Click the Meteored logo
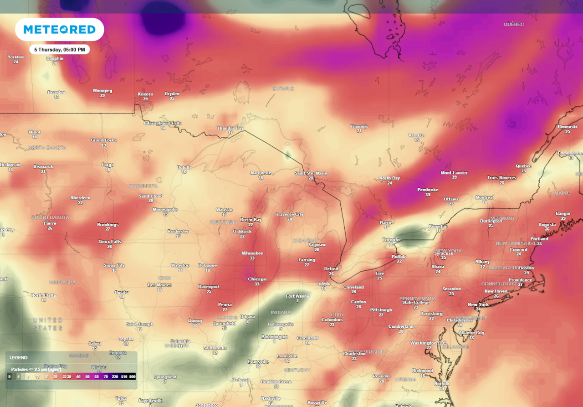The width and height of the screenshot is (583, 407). (x=59, y=30)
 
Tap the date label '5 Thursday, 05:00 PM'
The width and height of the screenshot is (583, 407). (x=60, y=49)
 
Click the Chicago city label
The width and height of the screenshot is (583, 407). (x=257, y=279)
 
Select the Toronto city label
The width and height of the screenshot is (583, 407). (x=391, y=240)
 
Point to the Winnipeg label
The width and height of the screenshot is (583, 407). (x=102, y=90)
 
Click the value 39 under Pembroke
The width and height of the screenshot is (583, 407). (x=428, y=195)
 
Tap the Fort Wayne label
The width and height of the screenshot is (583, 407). (x=297, y=296)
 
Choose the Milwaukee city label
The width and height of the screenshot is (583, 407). (x=252, y=253)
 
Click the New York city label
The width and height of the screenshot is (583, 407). (x=478, y=304)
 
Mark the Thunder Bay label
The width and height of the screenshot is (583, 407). (x=230, y=128)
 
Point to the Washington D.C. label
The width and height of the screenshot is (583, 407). (x=429, y=343)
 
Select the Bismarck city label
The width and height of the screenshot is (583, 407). (x=43, y=166)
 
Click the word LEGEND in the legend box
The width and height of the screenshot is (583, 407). (x=19, y=358)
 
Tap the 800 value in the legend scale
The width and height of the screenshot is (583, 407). (x=132, y=376)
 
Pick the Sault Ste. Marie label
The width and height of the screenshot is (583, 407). (x=311, y=173)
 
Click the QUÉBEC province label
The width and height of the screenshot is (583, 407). (x=513, y=24)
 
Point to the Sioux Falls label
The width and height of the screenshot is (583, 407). (x=110, y=241)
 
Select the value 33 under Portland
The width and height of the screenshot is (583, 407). (x=539, y=244)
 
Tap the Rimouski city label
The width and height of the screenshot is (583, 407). (x=567, y=127)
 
